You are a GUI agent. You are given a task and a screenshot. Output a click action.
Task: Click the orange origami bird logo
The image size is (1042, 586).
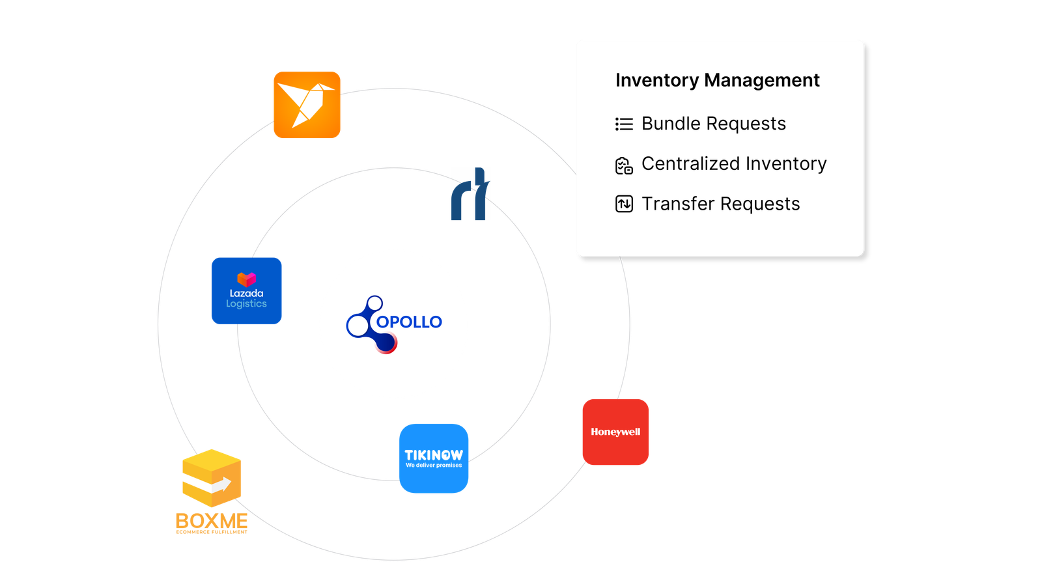(x=307, y=105)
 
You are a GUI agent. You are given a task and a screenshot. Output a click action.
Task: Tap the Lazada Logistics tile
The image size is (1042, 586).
(x=246, y=290)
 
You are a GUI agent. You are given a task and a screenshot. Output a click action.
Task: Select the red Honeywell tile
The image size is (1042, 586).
(x=615, y=432)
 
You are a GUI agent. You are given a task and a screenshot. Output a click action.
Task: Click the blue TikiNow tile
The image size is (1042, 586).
(x=434, y=458)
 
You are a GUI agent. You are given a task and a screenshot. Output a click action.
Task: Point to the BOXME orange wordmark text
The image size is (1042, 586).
(x=212, y=521)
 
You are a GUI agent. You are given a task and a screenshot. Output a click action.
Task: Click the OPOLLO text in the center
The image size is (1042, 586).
(x=409, y=322)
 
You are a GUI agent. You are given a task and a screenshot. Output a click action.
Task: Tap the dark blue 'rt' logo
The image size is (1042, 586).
(x=470, y=195)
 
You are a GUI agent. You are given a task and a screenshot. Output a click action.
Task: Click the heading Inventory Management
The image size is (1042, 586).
(x=717, y=80)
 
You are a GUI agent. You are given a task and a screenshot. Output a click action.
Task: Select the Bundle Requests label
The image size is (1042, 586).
(x=713, y=124)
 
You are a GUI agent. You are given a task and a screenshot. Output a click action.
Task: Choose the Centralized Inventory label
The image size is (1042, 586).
(x=733, y=163)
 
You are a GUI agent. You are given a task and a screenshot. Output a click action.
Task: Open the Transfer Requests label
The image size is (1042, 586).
(x=720, y=204)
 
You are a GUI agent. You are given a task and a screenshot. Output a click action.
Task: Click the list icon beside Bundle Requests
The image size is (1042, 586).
(x=624, y=124)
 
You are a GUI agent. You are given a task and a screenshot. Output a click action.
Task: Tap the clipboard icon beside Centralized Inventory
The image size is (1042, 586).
(x=624, y=165)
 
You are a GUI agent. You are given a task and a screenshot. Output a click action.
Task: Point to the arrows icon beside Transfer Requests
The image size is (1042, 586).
(x=624, y=204)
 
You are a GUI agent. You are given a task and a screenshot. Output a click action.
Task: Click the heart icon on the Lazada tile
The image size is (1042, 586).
(x=246, y=279)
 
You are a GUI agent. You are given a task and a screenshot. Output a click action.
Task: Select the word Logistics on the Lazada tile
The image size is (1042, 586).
(x=246, y=304)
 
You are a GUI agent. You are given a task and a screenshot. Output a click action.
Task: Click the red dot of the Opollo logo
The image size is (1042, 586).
(x=387, y=343)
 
